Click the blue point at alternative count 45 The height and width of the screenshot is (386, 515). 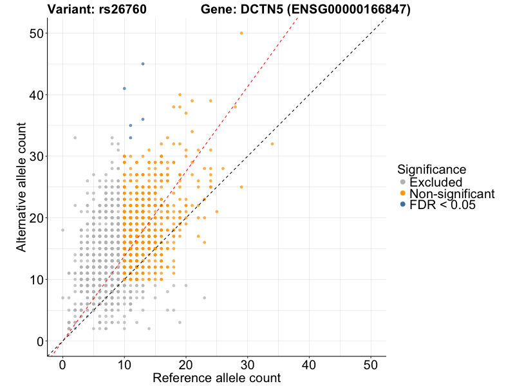pyautogui.click(x=143, y=64)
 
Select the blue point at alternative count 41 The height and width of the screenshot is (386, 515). pyautogui.click(x=124, y=88)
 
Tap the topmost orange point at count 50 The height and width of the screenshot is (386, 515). pyautogui.click(x=241, y=33)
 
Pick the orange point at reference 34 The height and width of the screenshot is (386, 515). pyautogui.click(x=272, y=143)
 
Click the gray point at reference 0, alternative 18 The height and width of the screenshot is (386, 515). pyautogui.click(x=62, y=230)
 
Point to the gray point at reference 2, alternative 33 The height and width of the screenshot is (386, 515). pyautogui.click(x=75, y=138)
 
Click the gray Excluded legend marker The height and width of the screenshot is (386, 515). pyautogui.click(x=402, y=183)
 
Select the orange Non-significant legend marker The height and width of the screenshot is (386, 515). pyautogui.click(x=402, y=194)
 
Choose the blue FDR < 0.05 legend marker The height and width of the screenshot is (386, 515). pyautogui.click(x=402, y=205)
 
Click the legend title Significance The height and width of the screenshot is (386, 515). pyautogui.click(x=431, y=170)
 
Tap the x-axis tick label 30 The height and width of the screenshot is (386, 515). pyautogui.click(x=248, y=363)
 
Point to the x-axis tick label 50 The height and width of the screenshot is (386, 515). pyautogui.click(x=371, y=363)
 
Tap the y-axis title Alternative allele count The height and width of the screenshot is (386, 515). pyautogui.click(x=21, y=187)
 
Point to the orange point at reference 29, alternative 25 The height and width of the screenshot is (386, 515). pyautogui.click(x=241, y=187)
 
